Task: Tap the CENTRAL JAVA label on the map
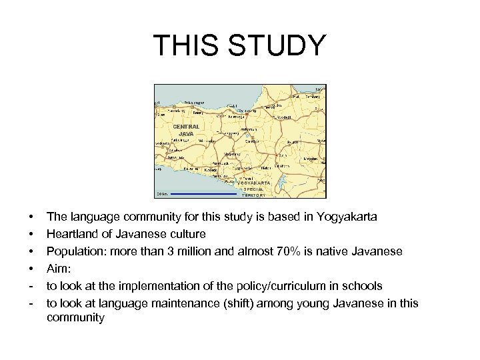[186, 129]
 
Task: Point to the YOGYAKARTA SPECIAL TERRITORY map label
[249, 189]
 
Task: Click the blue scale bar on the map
[204, 194]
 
